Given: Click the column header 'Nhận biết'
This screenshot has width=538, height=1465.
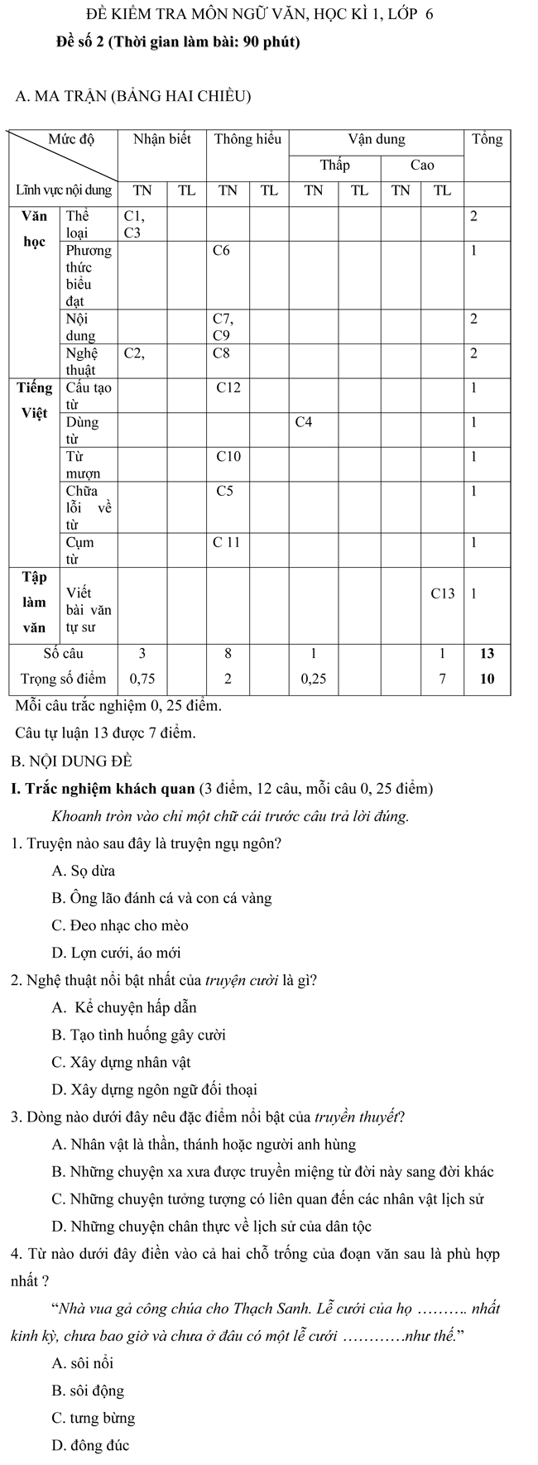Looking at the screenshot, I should click(162, 140).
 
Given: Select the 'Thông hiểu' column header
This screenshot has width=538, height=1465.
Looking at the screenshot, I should click(247, 140).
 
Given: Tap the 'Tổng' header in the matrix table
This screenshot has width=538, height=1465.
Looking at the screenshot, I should click(486, 140).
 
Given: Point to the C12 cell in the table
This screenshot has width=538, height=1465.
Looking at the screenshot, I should click(228, 387).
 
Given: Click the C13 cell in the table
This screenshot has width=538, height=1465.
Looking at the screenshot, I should click(443, 593).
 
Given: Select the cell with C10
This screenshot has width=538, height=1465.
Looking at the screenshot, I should click(228, 456).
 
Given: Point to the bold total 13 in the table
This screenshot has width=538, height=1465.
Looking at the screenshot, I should click(487, 653).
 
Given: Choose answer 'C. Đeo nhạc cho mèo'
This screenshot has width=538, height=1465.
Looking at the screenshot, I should click(120, 925).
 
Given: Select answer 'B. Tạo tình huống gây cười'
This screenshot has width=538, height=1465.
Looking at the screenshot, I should click(138, 1035).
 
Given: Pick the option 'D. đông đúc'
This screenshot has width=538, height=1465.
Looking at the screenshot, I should click(90, 1446).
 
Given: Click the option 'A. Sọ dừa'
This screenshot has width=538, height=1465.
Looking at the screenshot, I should click(84, 871).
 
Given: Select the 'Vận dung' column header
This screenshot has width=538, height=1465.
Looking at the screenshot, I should click(377, 140).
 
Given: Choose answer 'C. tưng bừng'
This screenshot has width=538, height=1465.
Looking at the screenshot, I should click(93, 1419).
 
